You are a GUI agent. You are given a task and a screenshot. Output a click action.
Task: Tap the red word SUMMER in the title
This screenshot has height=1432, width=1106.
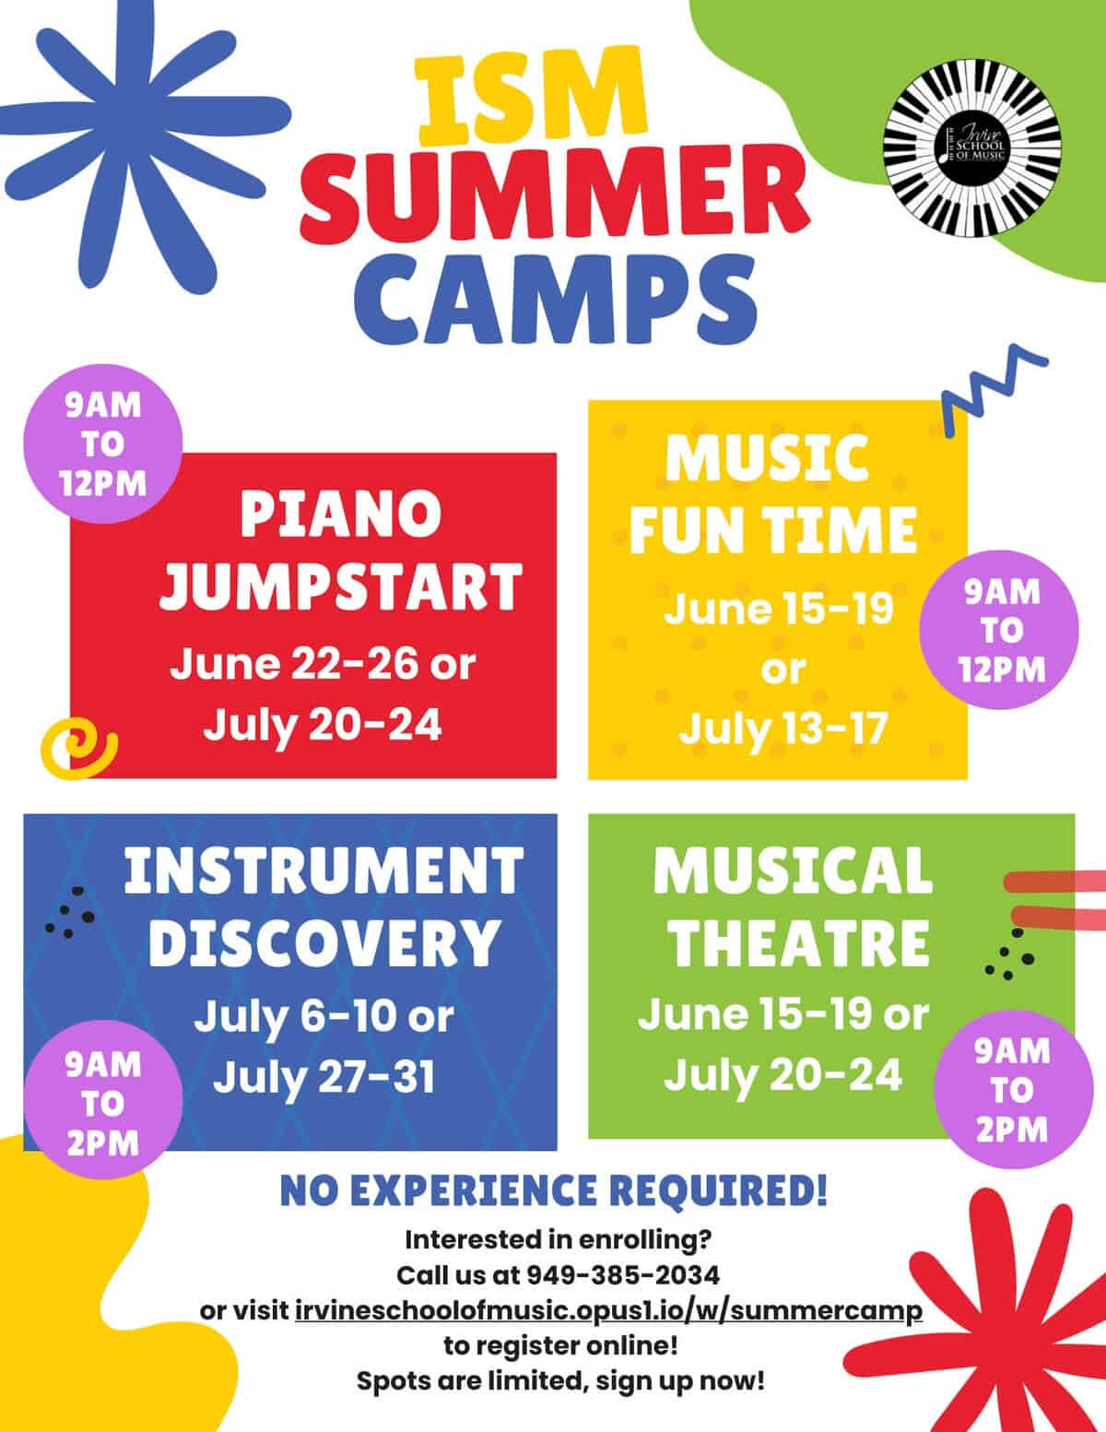coord(552,196)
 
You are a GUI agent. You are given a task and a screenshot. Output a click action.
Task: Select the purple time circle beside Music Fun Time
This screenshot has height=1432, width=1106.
coord(1002,631)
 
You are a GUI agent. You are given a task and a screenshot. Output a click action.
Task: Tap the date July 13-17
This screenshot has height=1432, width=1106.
coord(782,728)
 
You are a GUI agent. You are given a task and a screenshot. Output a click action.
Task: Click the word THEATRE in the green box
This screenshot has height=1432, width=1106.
coord(797,941)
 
